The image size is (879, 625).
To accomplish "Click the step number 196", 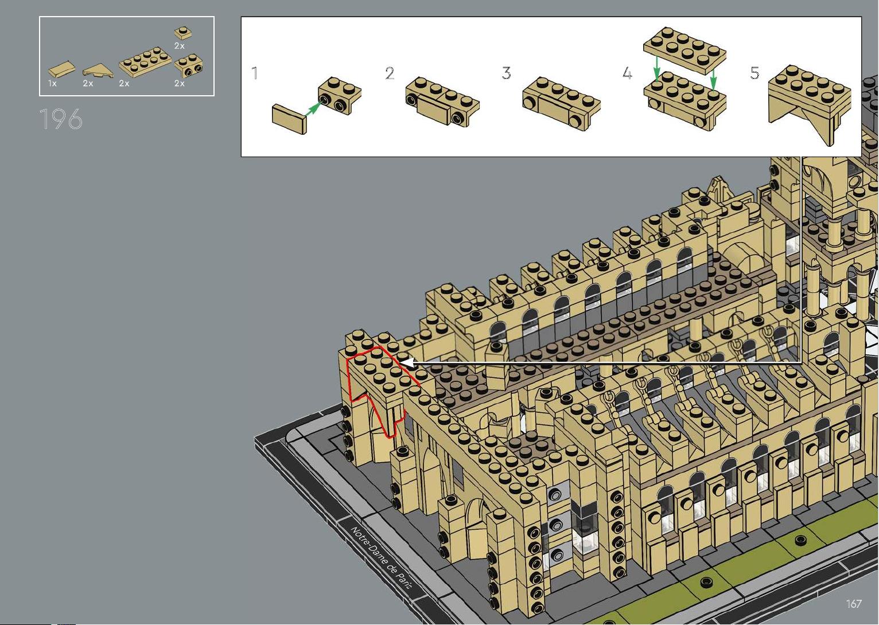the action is click(61, 119).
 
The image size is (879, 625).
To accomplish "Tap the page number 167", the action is click(854, 604).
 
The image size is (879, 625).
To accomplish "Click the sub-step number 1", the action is click(255, 73).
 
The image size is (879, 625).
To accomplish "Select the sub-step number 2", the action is click(390, 73).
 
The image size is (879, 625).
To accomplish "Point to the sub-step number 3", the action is click(506, 73).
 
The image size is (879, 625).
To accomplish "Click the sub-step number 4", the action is click(628, 73).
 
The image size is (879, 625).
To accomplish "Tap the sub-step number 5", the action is click(754, 73).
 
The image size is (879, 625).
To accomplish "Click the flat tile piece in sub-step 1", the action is click(289, 119).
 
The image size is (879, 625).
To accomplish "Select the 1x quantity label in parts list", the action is click(52, 83).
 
